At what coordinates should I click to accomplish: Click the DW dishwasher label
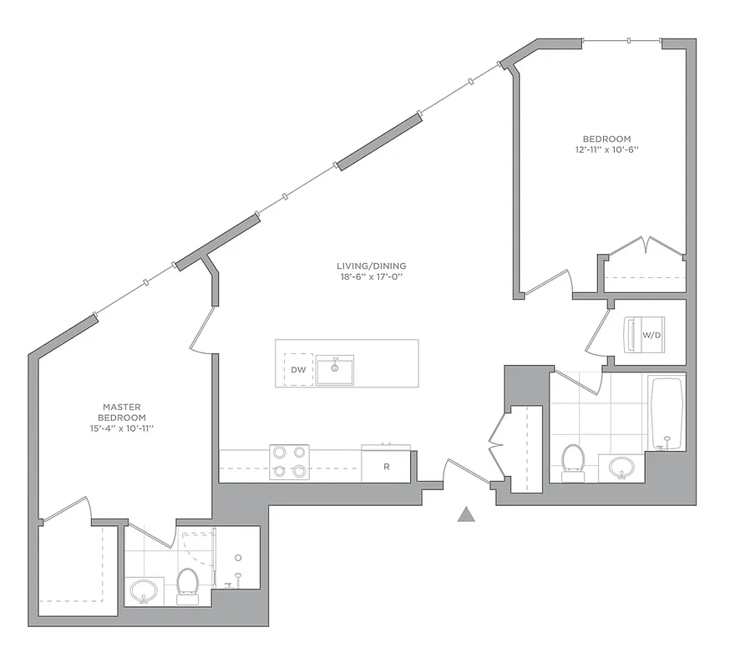coord(297,369)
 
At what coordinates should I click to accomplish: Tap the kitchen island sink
coord(334,369)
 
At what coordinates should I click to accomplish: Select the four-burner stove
coord(289,462)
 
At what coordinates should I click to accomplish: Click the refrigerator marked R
coord(386,466)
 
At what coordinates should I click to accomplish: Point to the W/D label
coord(651,336)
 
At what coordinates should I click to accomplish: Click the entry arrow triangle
coord(466,514)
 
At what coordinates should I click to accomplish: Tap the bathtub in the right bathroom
coord(666,413)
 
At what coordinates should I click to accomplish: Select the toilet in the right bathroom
coord(573,462)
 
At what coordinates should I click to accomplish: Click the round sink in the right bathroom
coord(621,468)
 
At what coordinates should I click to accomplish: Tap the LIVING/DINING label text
coord(367,266)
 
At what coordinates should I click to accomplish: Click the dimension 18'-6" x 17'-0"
coord(367,276)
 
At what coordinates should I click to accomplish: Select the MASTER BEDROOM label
coord(122,412)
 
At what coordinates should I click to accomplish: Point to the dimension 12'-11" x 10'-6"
coord(606,150)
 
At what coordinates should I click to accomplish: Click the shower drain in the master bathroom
coord(238,558)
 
